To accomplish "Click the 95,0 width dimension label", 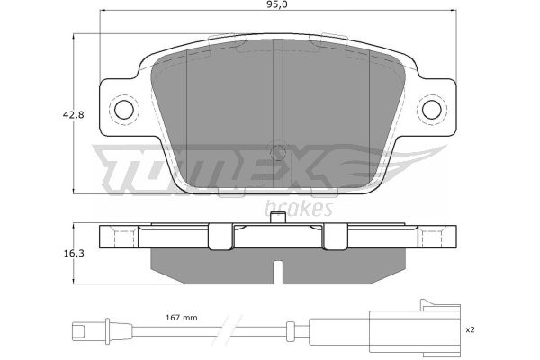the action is coord(277,4).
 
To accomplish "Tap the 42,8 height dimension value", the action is coord(74,115).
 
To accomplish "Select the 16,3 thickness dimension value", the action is coord(74,254).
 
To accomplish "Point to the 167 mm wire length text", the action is coord(182,318).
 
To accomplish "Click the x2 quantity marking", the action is coord(470,329).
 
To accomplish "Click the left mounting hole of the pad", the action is coord(123,110).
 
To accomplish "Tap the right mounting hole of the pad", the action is coord(431,110).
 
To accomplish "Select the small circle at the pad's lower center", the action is coord(277,152).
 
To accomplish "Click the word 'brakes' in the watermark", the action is coord(299,208).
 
